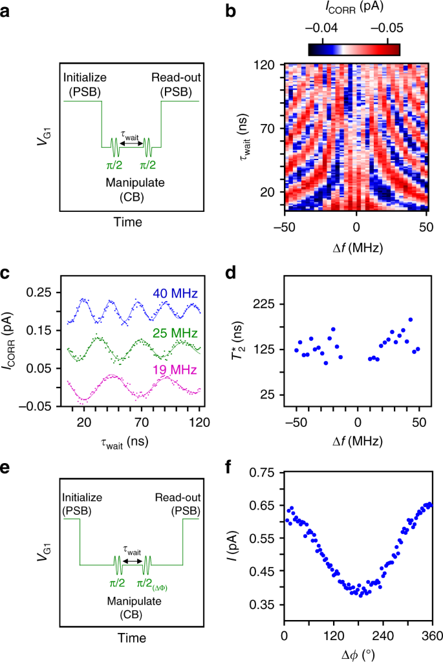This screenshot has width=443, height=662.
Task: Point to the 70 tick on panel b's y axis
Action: (x=268, y=129)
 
